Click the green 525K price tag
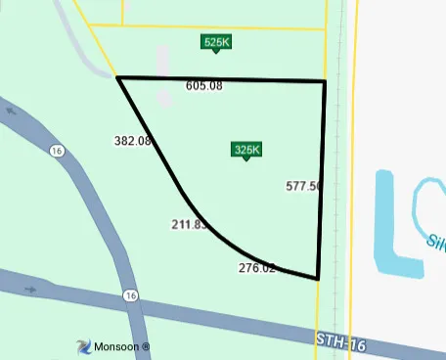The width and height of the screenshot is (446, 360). click(216, 42)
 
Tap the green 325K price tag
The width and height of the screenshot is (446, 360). click(246, 150)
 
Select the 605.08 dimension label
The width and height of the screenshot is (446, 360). click(204, 86)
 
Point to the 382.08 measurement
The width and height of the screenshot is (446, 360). click(132, 141)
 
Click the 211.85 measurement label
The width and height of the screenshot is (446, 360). click(190, 225)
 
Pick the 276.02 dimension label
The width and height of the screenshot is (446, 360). click(257, 268)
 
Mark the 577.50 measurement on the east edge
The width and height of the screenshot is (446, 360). click(303, 185)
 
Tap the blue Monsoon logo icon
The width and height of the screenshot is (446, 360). click(83, 346)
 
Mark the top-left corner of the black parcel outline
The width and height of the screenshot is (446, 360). click(118, 76)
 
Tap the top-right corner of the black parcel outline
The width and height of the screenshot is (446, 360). click(325, 81)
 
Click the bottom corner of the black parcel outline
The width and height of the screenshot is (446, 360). click(319, 279)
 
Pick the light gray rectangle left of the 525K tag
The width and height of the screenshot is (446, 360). click(163, 61)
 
